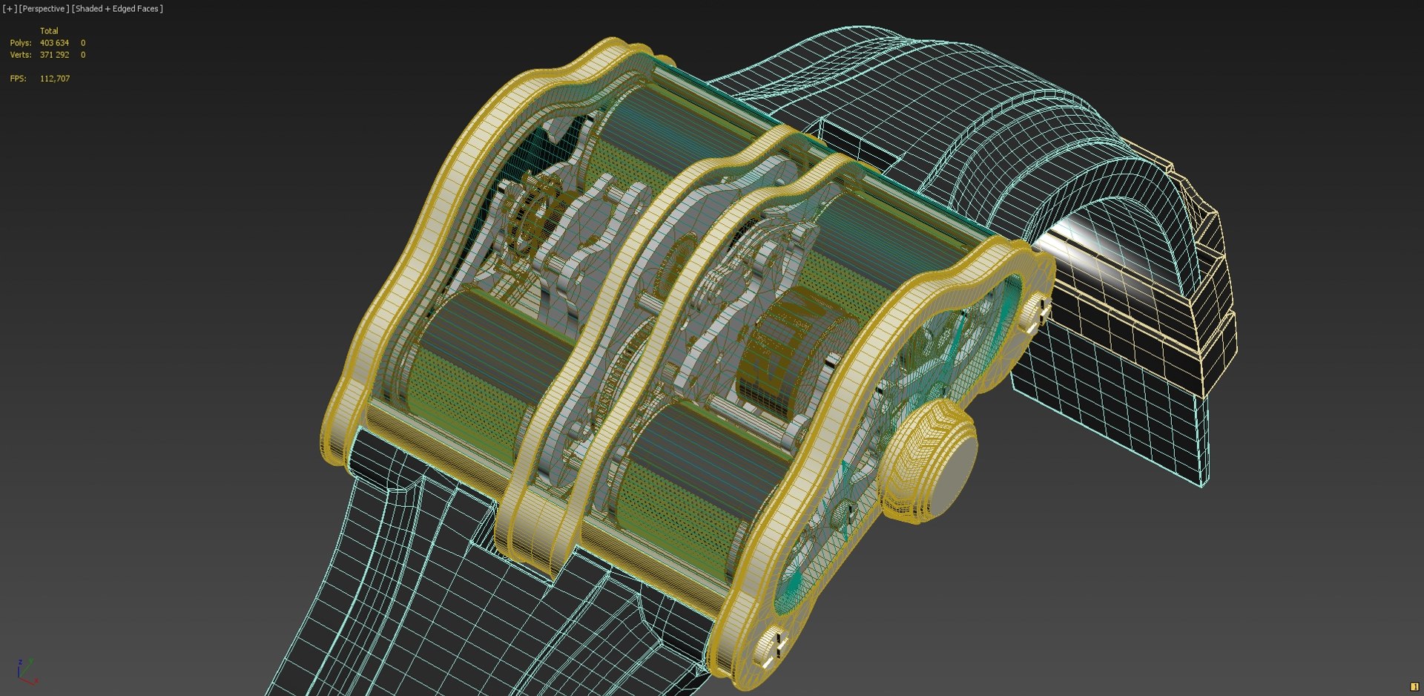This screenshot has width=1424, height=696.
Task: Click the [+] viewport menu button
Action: (10, 9)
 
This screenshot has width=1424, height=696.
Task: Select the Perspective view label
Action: (44, 9)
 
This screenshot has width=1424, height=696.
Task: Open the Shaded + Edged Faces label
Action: (117, 9)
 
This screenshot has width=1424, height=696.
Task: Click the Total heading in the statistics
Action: (49, 31)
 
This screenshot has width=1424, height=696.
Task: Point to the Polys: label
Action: (20, 43)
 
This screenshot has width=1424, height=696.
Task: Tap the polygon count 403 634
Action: (54, 43)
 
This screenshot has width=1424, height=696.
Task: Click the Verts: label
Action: (20, 55)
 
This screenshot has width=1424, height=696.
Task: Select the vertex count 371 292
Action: (54, 55)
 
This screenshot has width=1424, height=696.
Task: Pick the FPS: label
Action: (18, 79)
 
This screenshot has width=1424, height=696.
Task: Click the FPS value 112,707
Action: (55, 79)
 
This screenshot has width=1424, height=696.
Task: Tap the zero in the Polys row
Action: (83, 43)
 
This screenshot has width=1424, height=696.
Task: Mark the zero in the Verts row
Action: (83, 55)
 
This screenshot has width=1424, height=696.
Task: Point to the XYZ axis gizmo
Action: (26, 670)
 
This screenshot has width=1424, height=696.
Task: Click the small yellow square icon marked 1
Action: (1414, 686)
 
